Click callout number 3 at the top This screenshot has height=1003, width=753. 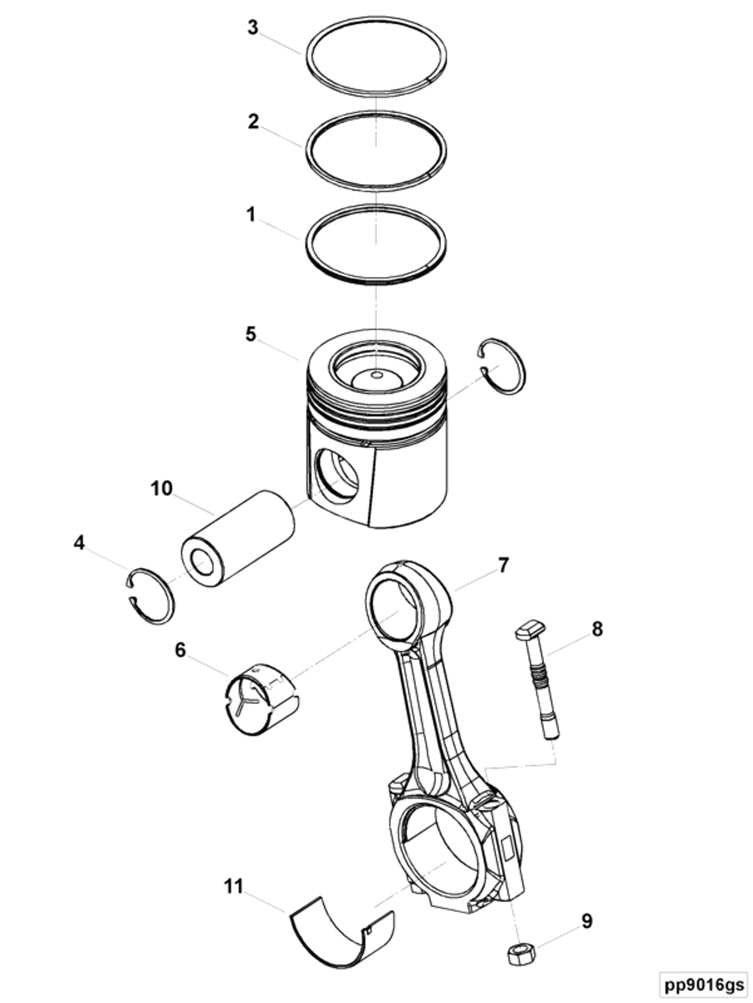click(x=252, y=28)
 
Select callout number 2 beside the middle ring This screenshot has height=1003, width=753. click(x=253, y=121)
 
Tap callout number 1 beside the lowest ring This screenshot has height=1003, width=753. click(x=251, y=214)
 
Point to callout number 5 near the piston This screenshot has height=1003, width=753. click(x=251, y=334)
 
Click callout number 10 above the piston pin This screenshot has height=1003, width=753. click(x=162, y=489)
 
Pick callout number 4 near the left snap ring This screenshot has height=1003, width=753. click(x=79, y=542)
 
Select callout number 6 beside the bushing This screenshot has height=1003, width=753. click(x=180, y=650)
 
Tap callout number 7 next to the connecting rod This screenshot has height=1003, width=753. click(x=503, y=565)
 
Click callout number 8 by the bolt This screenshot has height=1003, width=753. click(x=597, y=630)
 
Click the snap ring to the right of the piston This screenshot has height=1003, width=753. click(x=504, y=366)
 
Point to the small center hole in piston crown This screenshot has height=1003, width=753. click(x=376, y=375)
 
